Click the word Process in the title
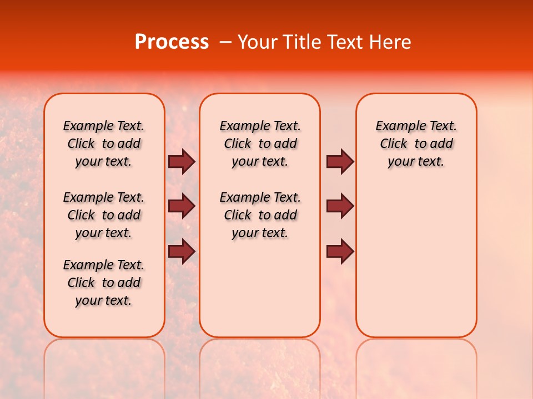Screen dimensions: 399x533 pos(172,42)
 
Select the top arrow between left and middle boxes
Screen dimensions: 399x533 pos(182,162)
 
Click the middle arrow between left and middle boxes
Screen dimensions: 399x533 pos(182,206)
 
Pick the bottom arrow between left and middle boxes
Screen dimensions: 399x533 pos(182,251)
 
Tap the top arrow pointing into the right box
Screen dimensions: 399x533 pos(340,162)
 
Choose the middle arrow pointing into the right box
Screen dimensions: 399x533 pos(340,206)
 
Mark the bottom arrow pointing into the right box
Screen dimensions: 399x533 pos(340,251)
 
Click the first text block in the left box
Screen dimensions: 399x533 pos(104,144)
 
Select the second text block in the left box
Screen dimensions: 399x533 pos(104,215)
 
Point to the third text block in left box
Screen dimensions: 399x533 pos(104,283)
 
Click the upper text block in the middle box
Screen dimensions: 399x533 pos(260,144)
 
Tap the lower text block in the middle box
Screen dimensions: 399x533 pos(260,215)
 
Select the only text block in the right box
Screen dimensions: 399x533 pos(416,144)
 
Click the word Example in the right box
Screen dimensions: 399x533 pos(397,126)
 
